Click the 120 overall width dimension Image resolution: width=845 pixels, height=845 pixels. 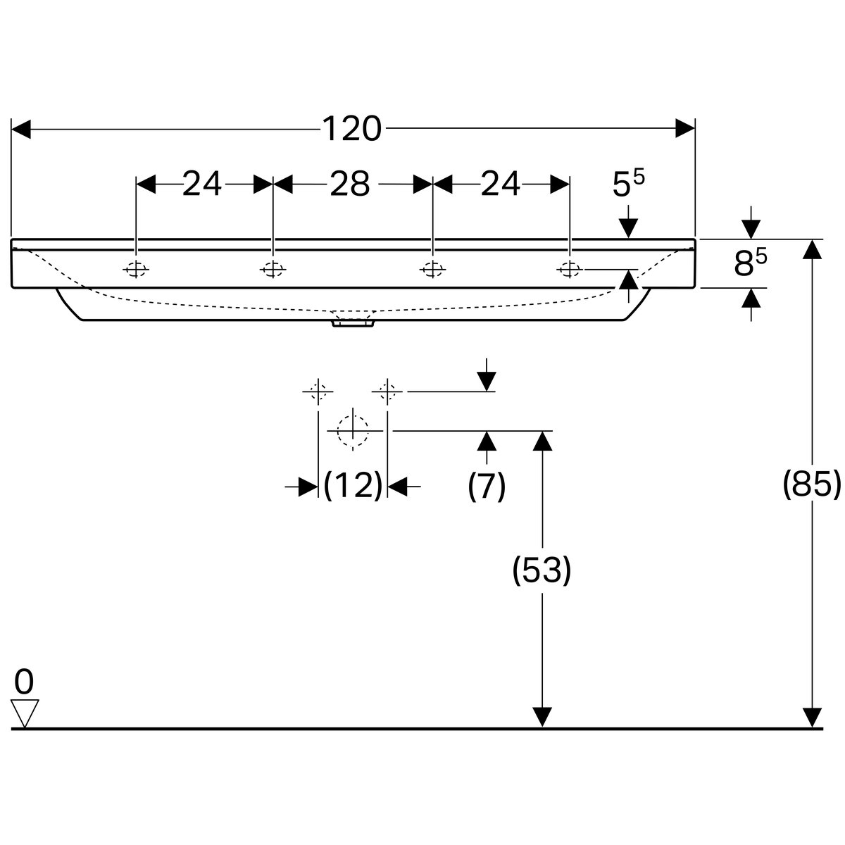tap(351, 129)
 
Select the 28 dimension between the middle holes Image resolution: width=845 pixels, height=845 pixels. tap(350, 184)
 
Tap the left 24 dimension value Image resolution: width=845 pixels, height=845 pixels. tap(201, 184)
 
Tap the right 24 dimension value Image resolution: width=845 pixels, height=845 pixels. tap(501, 184)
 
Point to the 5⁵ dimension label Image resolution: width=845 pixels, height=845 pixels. tap(628, 182)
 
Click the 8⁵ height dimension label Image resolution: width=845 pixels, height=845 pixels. tap(750, 263)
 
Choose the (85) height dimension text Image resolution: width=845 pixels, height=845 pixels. tap(812, 484)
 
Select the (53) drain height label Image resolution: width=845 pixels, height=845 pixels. tap(542, 570)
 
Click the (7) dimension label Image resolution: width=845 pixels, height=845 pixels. tap(487, 486)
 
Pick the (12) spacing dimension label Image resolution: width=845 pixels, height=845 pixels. tap(353, 485)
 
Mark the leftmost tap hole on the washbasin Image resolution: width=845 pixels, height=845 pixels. tap(136, 269)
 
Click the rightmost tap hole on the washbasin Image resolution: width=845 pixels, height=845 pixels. tap(570, 269)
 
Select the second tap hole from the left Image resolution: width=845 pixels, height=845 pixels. tap(273, 269)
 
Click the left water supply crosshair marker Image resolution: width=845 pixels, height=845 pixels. tap(318, 391)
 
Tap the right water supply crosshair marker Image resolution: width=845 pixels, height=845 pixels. tap(387, 391)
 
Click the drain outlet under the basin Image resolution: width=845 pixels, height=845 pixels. tap(353, 323)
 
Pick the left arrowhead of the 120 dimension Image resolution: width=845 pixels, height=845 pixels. tap(21, 129)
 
